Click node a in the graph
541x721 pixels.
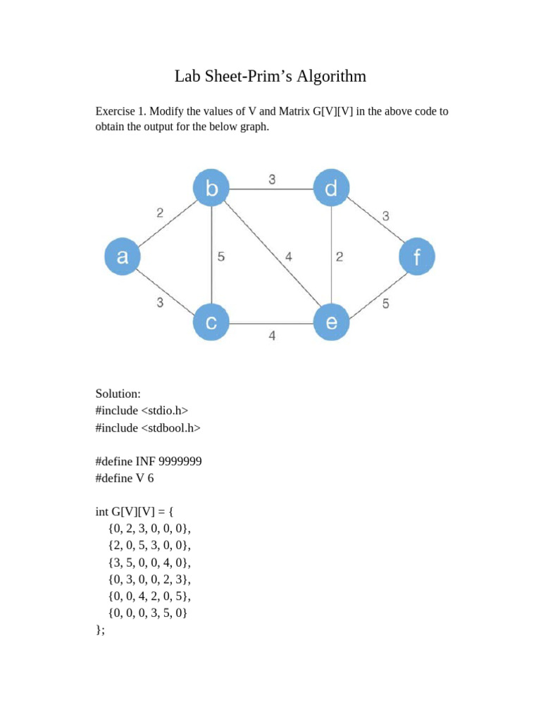(x=123, y=257)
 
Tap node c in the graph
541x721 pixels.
(x=211, y=323)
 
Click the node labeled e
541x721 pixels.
(x=331, y=323)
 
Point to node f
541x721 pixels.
(x=417, y=257)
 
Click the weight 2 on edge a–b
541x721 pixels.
(x=161, y=213)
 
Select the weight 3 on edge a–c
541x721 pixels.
(x=161, y=303)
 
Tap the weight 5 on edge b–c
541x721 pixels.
(x=221, y=257)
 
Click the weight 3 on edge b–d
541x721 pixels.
(x=272, y=180)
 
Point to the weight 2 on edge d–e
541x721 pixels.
(x=340, y=257)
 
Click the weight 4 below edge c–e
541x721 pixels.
(x=272, y=337)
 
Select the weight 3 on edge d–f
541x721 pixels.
(x=385, y=216)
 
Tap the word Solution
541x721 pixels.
(x=118, y=394)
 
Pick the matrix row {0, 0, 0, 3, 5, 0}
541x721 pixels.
(x=149, y=613)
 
